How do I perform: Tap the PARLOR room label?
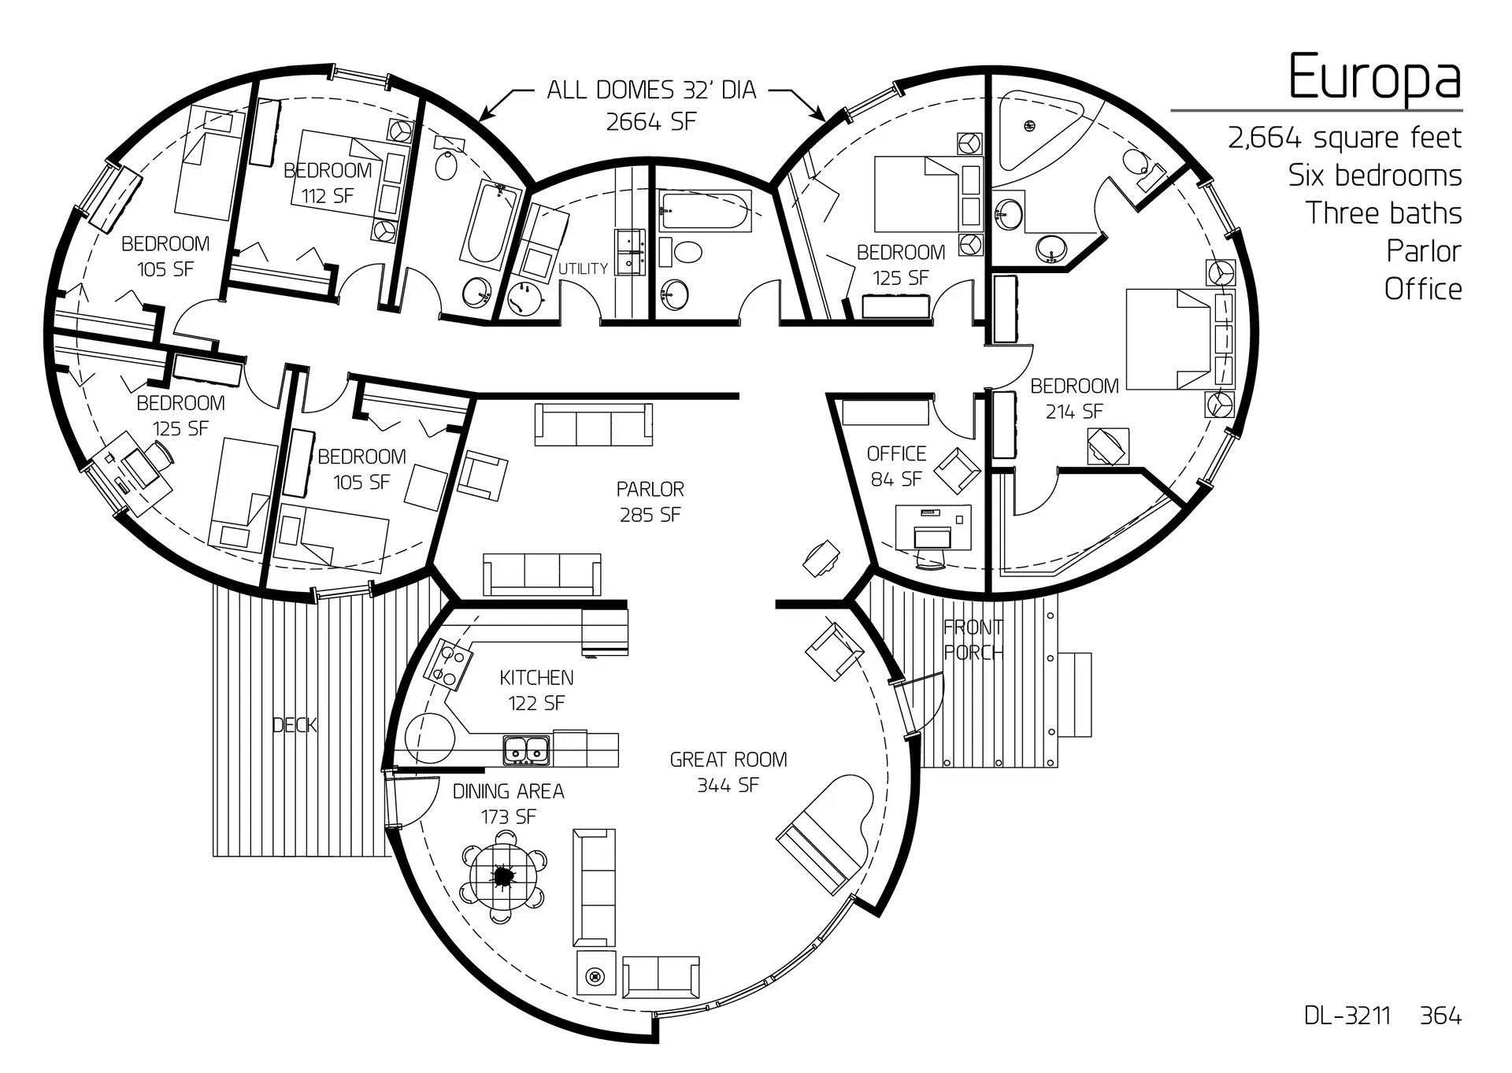(650, 490)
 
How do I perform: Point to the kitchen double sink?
(527, 750)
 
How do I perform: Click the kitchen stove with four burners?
(447, 664)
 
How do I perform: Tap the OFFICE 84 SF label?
(896, 466)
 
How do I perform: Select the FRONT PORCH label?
(973, 639)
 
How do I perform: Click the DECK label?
(295, 725)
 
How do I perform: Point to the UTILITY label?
(583, 268)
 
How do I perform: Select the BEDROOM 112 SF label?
(328, 183)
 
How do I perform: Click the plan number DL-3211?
(1347, 1016)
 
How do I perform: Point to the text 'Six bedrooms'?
(1375, 175)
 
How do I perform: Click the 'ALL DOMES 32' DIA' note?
(651, 90)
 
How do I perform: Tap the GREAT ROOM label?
(728, 760)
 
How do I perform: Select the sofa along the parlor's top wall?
(594, 425)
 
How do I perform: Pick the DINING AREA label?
(508, 791)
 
